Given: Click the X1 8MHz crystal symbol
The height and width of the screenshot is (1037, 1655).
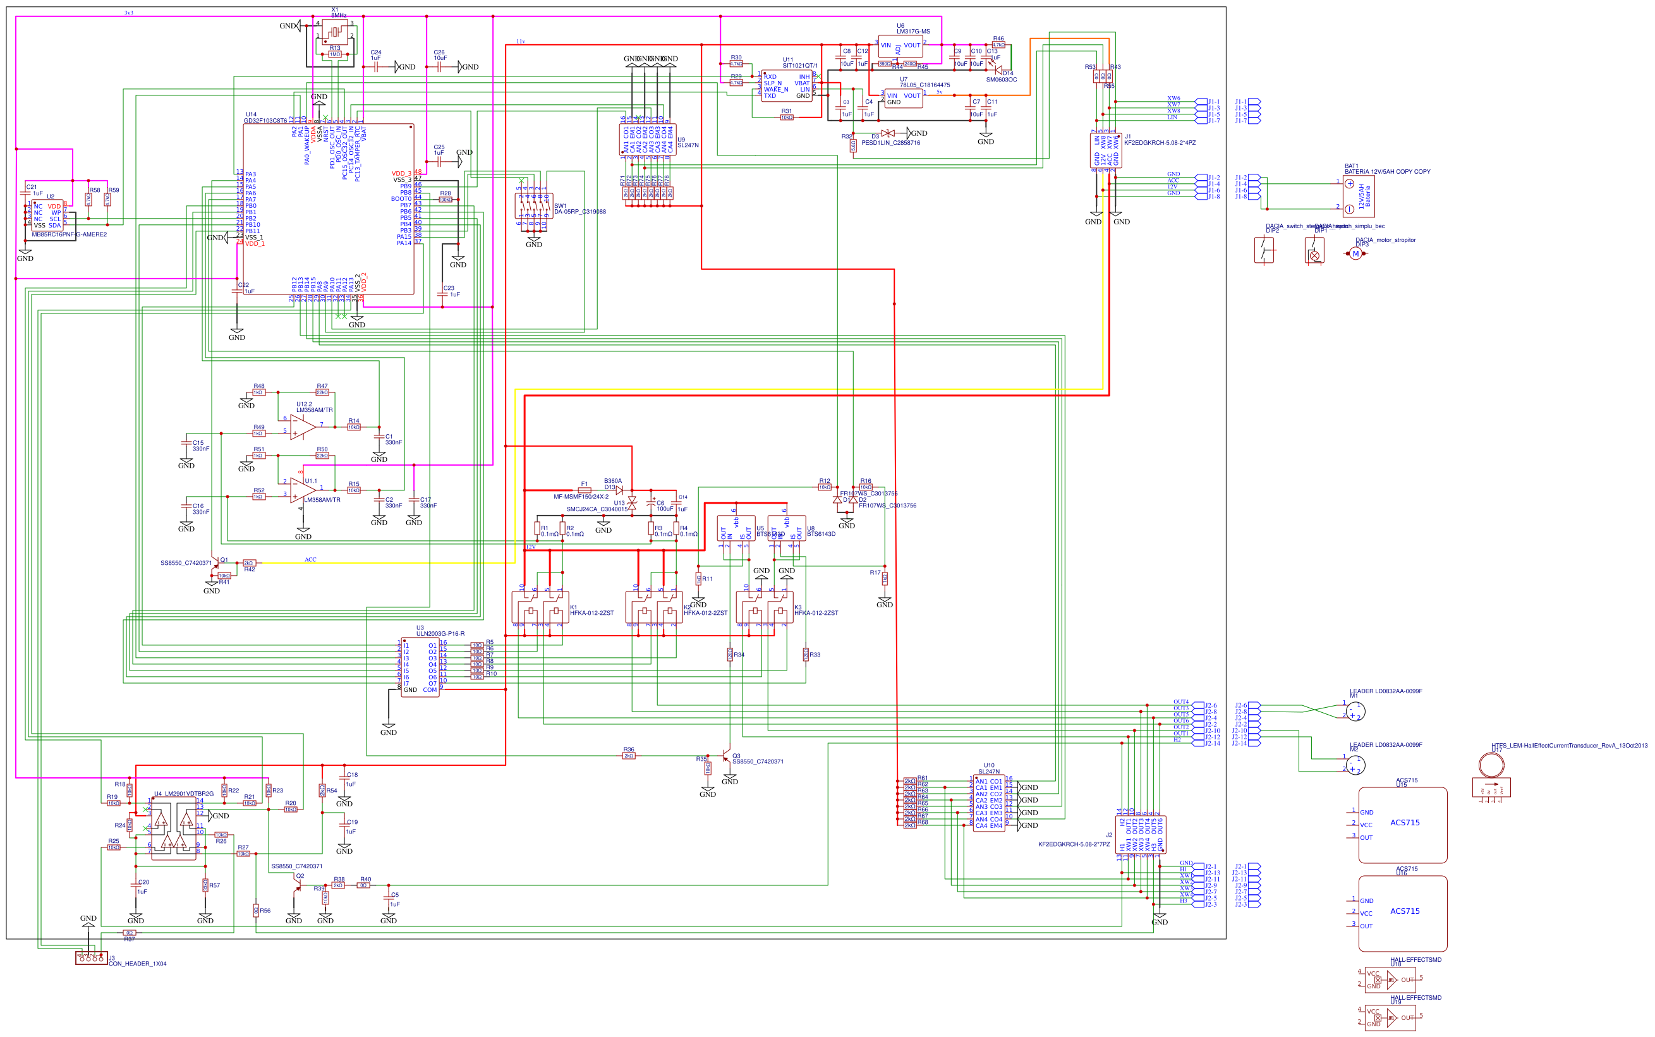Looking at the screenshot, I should point(335,31).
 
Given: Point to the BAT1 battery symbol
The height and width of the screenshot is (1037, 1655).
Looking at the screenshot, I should point(1358,196).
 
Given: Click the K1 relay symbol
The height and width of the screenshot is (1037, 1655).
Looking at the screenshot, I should point(540,608).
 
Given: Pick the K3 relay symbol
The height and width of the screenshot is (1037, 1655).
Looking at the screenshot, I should point(765,608).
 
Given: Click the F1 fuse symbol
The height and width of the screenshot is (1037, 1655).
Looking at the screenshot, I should point(585,490).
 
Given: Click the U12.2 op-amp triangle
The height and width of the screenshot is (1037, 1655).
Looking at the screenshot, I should point(302,427).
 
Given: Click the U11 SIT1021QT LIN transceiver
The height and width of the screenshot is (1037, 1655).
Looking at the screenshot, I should point(787,86).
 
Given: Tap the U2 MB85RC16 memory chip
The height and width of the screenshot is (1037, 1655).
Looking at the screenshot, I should point(47,215).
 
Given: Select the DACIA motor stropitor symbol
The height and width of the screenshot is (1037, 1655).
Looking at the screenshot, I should point(1355,254).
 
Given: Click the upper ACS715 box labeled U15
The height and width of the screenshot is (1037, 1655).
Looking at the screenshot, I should point(1403,825).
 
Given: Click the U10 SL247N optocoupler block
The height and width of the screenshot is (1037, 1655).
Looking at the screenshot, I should point(988,804).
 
